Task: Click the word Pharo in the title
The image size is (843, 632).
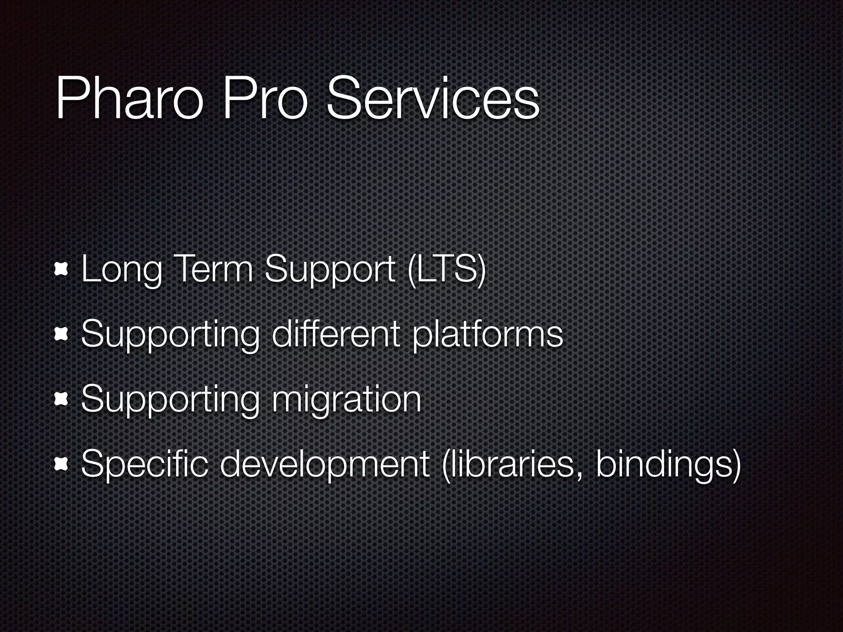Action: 129,99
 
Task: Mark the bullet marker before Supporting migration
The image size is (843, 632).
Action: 61,399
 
